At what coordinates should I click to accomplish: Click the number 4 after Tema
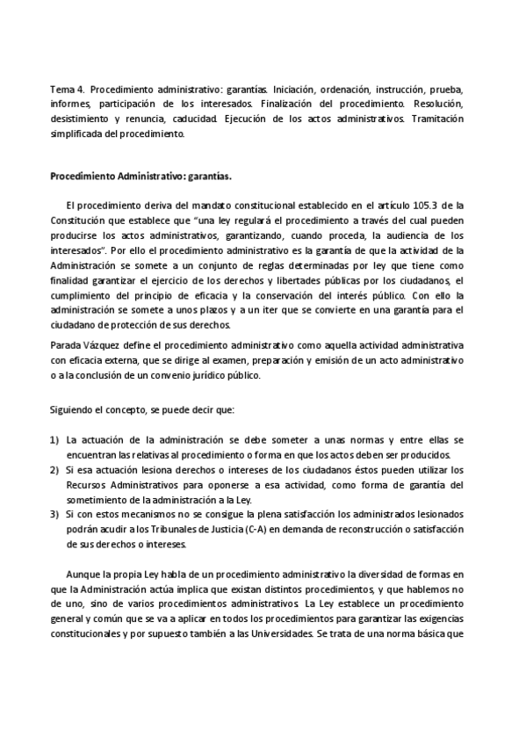click(81, 90)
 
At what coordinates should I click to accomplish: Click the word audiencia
click(400, 235)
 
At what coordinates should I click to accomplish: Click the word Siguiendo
click(72, 409)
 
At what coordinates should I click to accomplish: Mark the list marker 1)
click(54, 440)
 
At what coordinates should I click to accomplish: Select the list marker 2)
click(54, 470)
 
